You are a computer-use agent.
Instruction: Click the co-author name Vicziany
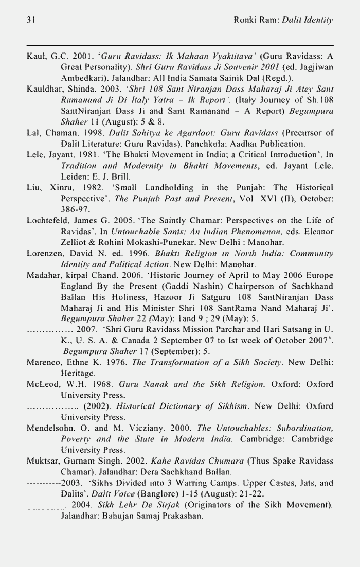click(x=140, y=429)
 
